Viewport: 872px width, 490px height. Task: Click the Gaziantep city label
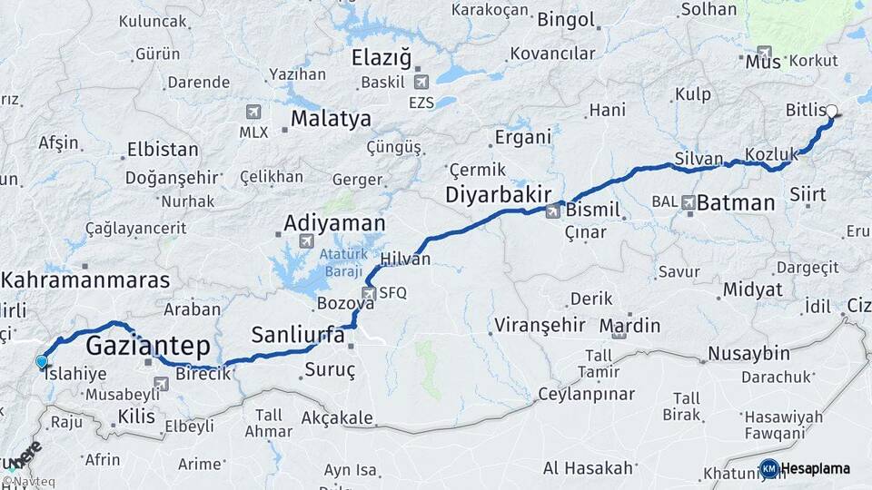[148, 346]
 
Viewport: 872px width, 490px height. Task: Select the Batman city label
[735, 202]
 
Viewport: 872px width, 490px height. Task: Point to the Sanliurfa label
[298, 335]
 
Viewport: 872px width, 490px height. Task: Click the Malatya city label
[331, 119]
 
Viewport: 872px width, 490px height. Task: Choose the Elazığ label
[381, 59]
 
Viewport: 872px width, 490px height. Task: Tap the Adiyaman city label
[334, 222]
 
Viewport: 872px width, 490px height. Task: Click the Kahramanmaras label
[85, 280]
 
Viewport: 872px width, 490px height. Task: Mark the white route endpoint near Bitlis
[831, 112]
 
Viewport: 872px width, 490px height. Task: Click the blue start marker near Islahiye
[41, 362]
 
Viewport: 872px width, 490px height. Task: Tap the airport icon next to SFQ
[368, 293]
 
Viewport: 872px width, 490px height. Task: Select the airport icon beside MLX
[253, 112]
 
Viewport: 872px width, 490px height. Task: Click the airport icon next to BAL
[689, 202]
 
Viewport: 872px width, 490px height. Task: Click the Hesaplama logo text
[816, 468]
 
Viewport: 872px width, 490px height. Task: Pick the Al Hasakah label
[588, 468]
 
